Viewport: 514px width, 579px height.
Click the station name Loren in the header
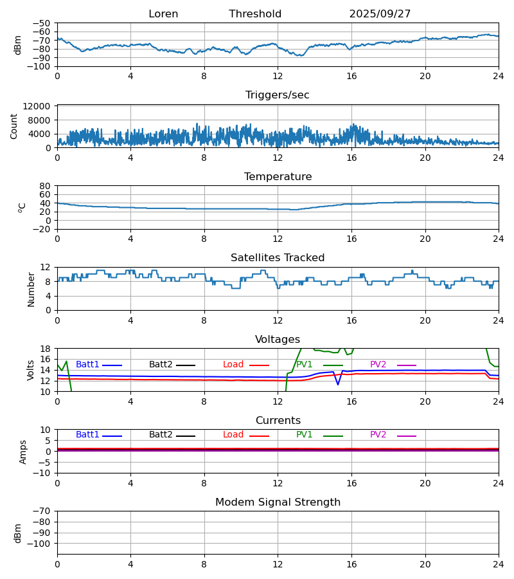coord(163,14)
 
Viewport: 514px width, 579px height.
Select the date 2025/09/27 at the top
coord(380,14)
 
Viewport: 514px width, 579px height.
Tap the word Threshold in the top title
coord(255,14)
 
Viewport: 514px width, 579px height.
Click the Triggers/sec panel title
coord(278,95)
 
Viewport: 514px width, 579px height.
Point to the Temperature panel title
coord(278,177)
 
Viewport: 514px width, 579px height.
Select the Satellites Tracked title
coord(278,258)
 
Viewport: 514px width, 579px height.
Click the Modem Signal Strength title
coord(278,502)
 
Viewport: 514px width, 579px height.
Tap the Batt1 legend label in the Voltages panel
coord(87,365)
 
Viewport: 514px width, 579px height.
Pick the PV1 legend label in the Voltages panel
coord(304,365)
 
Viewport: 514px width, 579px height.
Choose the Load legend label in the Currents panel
coord(233,435)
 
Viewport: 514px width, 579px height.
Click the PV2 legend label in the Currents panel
coord(378,435)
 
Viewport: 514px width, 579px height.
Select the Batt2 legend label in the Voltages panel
coord(161,365)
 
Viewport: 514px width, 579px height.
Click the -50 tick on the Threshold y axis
coord(43,23)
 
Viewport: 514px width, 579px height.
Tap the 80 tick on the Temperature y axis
coord(45,186)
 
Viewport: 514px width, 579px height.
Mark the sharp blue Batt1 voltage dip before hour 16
coord(338,384)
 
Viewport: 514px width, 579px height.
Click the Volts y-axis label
coord(31,370)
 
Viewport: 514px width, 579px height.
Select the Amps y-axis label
coord(24,452)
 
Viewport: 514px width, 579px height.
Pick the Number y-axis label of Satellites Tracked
coord(31,289)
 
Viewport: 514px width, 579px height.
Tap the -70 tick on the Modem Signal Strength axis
coord(43,511)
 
